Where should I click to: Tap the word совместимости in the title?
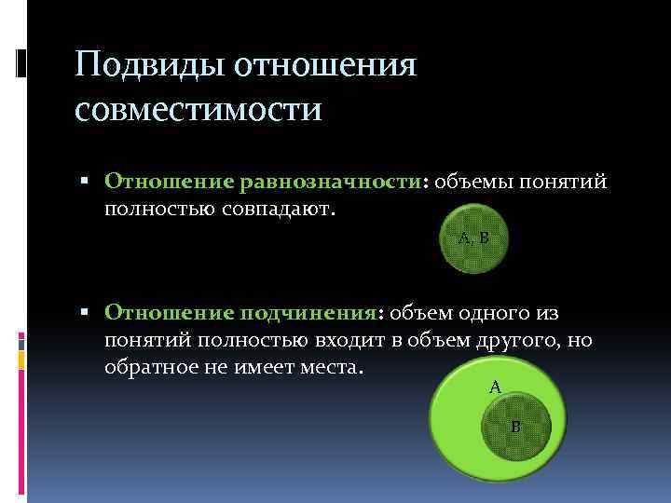[199, 110]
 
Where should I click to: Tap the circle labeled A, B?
[473, 239]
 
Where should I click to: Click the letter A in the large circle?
[495, 385]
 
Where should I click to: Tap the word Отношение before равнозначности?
[168, 180]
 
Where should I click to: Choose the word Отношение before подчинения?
[168, 313]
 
